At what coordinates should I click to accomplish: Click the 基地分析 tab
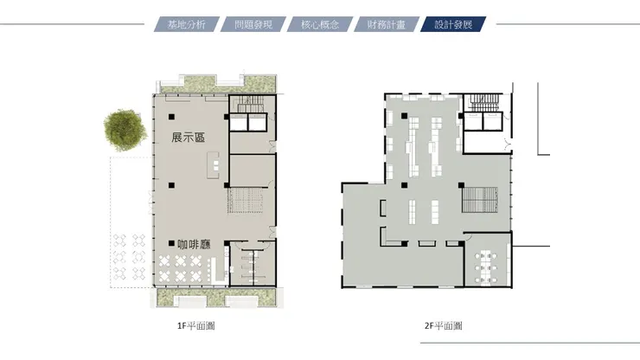[187, 24]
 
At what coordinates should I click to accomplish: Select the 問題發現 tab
[253, 24]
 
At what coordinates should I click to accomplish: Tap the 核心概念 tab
[320, 24]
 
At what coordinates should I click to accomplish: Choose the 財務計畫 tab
[387, 24]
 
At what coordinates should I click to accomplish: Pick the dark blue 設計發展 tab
[453, 24]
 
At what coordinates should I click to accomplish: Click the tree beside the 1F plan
[125, 130]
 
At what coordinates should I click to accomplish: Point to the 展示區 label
[189, 138]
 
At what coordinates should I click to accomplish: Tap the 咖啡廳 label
[195, 244]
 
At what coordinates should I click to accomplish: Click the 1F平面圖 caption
[196, 325]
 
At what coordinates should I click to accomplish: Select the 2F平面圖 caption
[444, 325]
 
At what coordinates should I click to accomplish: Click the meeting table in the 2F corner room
[486, 267]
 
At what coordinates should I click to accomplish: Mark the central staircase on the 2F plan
[480, 200]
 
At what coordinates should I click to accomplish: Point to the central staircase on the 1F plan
[246, 200]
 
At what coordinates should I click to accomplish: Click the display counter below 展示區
[214, 164]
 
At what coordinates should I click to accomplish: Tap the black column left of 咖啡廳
[171, 243]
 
